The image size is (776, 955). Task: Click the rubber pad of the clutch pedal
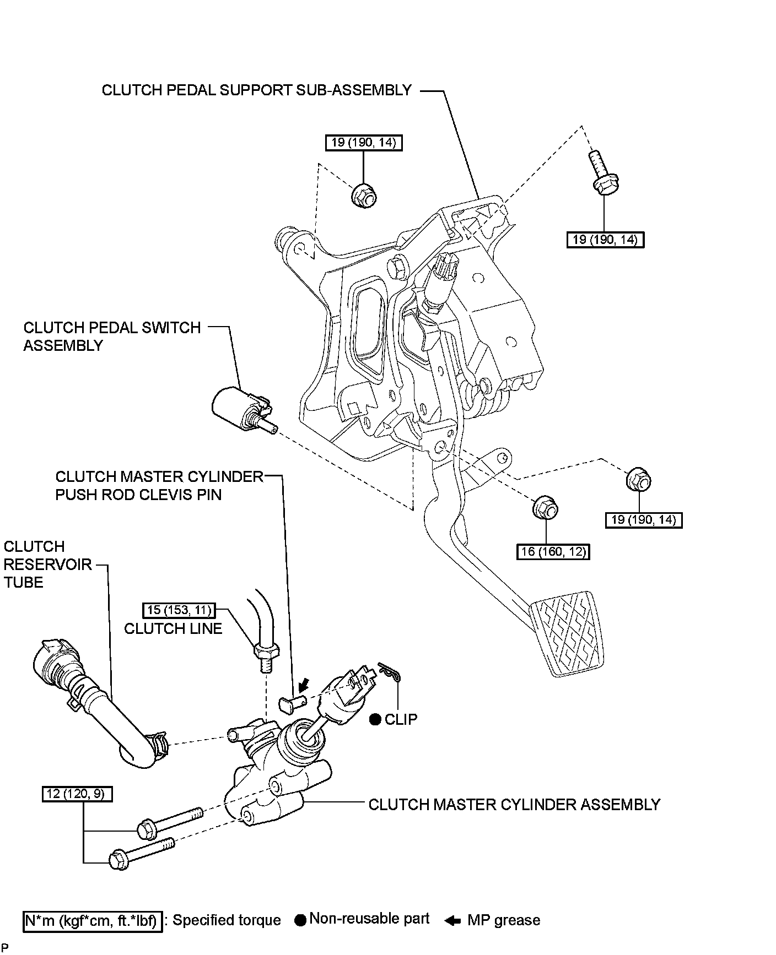click(568, 633)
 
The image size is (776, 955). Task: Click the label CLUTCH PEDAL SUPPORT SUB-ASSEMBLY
click(256, 90)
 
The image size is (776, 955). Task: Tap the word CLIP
click(401, 719)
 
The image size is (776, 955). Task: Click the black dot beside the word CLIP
click(375, 720)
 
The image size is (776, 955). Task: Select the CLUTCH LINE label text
click(173, 629)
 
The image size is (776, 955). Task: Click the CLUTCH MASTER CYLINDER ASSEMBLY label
click(514, 805)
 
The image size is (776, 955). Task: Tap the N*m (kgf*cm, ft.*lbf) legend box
click(93, 920)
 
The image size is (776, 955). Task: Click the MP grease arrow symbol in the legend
click(452, 920)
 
